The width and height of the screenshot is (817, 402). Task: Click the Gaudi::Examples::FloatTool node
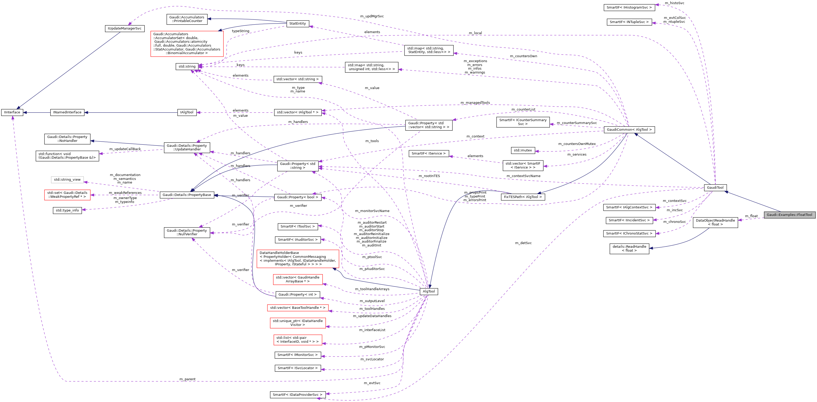[789, 215]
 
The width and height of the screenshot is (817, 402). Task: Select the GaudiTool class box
[715, 187]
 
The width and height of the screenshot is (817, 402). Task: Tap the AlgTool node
[429, 291]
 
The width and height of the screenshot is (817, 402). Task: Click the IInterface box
[12, 112]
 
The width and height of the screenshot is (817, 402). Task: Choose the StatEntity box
[297, 24]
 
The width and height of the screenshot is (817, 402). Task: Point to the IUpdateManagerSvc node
[125, 28]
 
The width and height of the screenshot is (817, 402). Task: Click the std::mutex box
[523, 150]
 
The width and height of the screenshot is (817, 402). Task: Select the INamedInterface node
[67, 112]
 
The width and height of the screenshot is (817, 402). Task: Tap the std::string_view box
[67, 179]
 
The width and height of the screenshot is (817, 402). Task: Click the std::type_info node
[67, 210]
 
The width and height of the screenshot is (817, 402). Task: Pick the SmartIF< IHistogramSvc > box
[629, 7]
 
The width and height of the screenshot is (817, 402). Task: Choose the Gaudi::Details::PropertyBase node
[186, 195]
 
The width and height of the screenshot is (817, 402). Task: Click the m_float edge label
[751, 216]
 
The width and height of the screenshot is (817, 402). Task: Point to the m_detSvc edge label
[523, 243]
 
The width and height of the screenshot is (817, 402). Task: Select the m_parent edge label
[188, 379]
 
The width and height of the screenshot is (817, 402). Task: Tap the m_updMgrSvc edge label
[372, 16]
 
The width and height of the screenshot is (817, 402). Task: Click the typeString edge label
[241, 31]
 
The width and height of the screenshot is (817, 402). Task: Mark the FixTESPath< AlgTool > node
[523, 197]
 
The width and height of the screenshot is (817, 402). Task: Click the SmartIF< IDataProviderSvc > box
[297, 394]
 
